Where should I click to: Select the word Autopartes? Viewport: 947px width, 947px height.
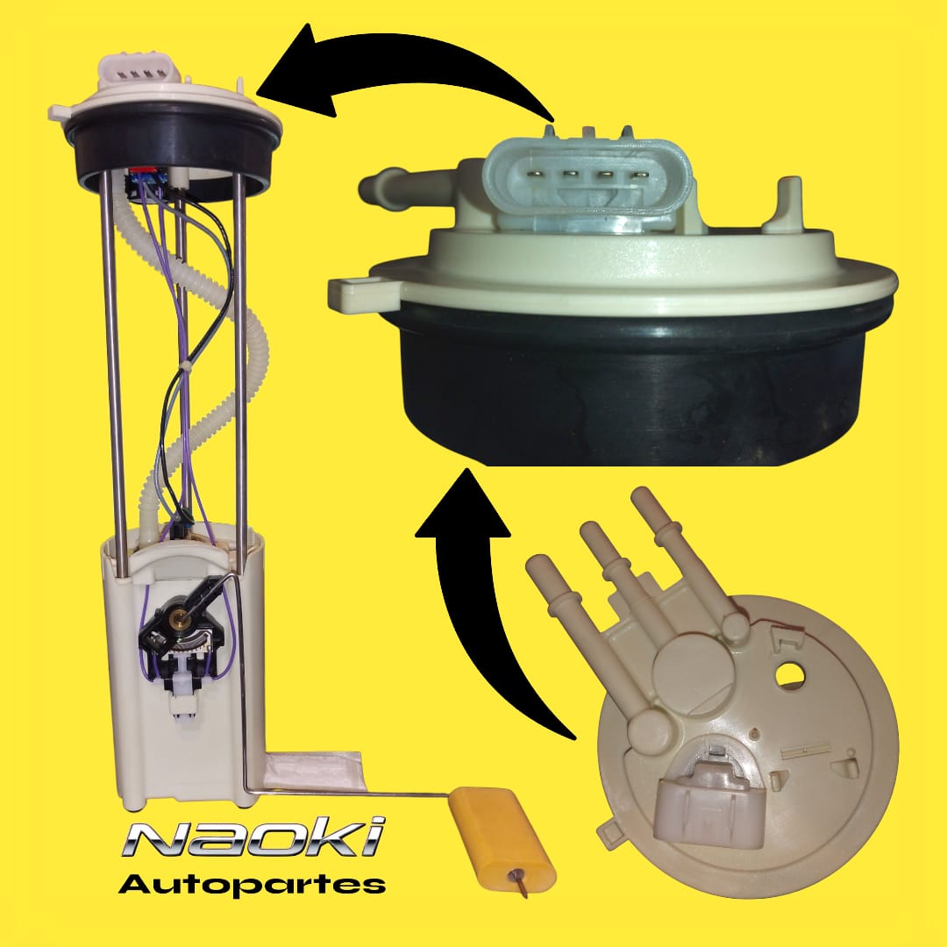[x=252, y=884]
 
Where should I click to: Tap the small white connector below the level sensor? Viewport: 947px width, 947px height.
[x=182, y=698]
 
